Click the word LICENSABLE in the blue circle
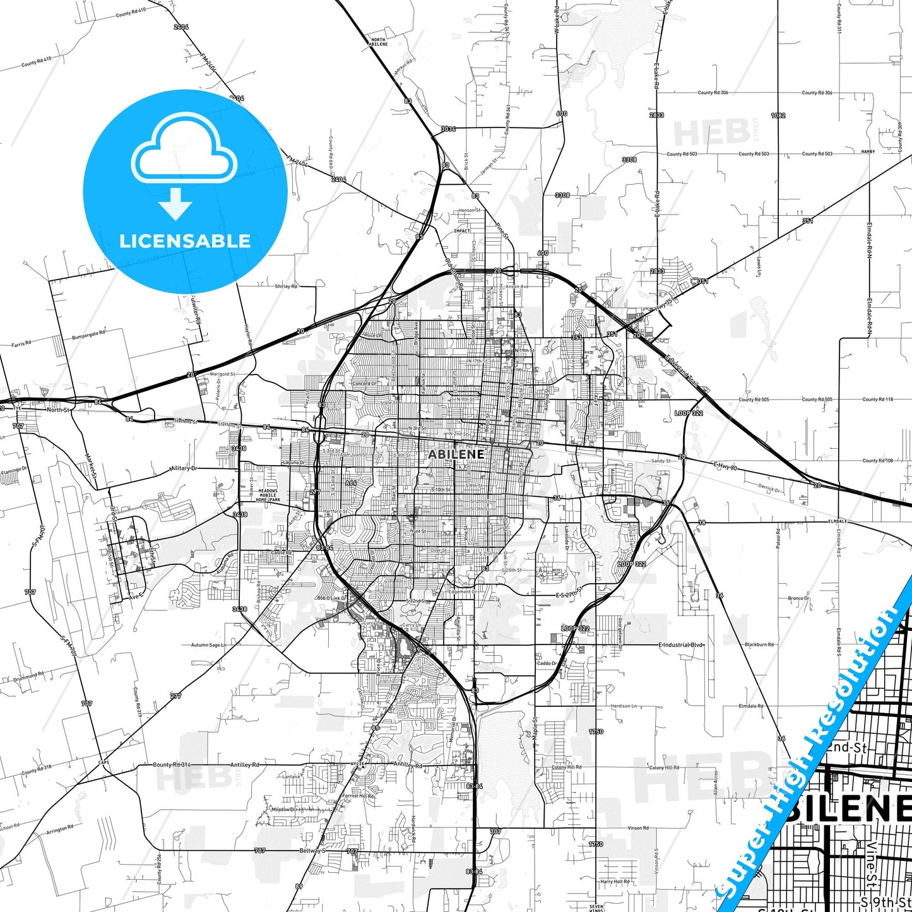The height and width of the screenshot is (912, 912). point(185,241)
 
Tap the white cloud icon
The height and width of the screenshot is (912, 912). point(184,150)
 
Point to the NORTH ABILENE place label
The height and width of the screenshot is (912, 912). point(378,42)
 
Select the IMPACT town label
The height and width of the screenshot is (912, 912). point(462,231)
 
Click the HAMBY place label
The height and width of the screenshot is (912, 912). point(868,151)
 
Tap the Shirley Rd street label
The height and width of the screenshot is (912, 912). point(286,287)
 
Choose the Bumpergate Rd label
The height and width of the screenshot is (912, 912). point(89,334)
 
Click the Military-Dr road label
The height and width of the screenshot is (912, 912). point(184,468)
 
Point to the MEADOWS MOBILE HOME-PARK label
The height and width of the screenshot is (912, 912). point(268,495)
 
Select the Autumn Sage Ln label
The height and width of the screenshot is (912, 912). point(208,645)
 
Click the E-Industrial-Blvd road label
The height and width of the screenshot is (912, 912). point(681,645)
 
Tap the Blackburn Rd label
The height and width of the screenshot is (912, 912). point(759,644)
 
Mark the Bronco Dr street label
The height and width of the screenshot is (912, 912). point(798,598)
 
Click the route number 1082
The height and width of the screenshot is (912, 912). point(778,115)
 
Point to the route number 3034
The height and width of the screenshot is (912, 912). point(448,129)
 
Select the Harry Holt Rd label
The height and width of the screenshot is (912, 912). point(615,882)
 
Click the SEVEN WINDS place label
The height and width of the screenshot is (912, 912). point(596,907)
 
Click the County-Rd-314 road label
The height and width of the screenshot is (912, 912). point(172,764)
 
